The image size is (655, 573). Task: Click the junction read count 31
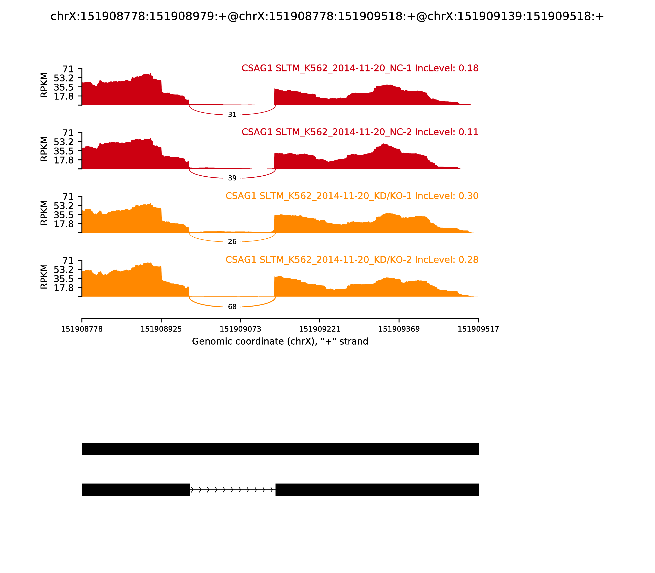tap(232, 114)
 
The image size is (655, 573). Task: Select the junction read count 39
tap(232, 178)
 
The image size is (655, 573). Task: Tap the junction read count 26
tap(232, 242)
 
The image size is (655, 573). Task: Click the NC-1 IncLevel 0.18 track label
tap(360, 68)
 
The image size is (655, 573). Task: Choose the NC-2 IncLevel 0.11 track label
tap(360, 132)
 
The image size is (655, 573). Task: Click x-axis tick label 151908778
tap(82, 329)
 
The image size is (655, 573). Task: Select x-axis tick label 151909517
tap(478, 329)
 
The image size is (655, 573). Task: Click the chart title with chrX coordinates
tap(327, 16)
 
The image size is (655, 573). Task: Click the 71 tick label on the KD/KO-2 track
tap(68, 261)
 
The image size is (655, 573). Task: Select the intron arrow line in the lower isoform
tap(233, 490)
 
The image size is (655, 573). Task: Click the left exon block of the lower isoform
tap(136, 490)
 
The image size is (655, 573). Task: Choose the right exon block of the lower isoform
tap(377, 490)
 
